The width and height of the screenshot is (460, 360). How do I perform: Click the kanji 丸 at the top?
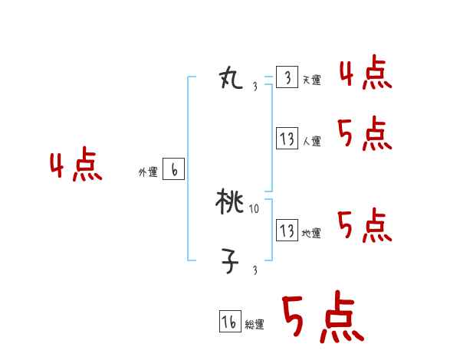[231, 78]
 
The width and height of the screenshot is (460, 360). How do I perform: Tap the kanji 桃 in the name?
[230, 202]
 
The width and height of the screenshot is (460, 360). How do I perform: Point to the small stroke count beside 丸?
[255, 87]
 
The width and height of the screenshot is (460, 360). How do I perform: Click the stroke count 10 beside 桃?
[255, 208]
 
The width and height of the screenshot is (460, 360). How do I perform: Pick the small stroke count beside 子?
[255, 270]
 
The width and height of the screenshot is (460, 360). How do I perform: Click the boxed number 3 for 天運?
[287, 78]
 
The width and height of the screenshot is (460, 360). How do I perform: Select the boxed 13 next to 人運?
[287, 139]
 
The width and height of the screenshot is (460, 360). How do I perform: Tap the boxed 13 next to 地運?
[287, 231]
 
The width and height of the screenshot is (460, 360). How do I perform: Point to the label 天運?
[311, 80]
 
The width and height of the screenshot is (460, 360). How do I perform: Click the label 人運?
[311, 141]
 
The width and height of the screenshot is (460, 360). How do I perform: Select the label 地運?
[311, 232]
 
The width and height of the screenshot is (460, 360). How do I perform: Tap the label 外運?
[148, 172]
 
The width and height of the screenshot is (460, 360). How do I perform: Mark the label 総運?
[255, 324]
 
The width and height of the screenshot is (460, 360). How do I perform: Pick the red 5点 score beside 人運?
[365, 135]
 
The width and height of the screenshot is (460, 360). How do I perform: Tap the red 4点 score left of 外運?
[76, 167]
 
